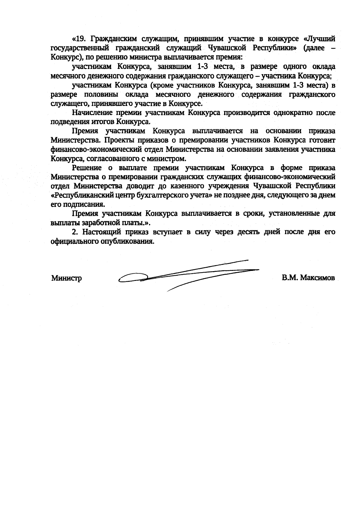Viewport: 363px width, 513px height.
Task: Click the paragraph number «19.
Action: coord(80,39)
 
